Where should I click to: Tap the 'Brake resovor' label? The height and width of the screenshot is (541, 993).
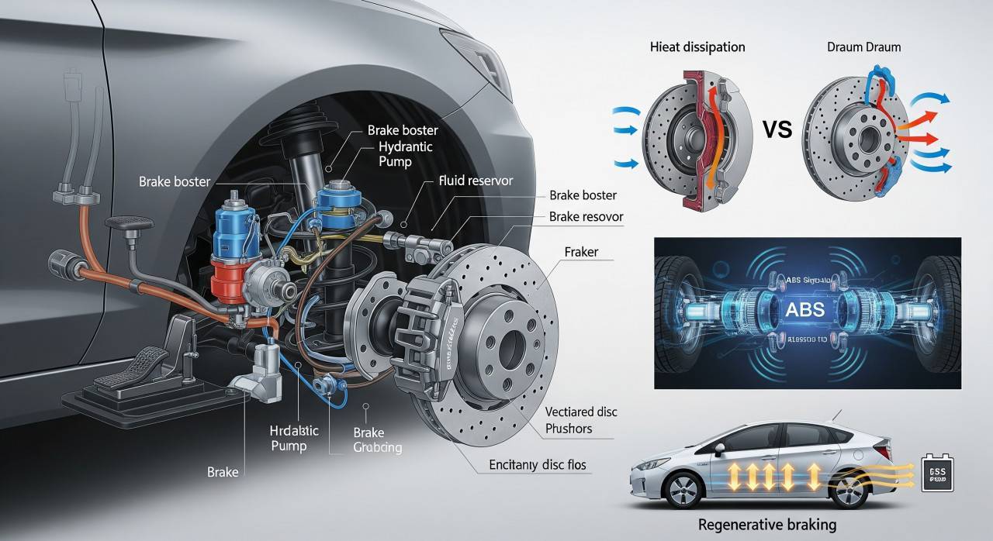point(586,217)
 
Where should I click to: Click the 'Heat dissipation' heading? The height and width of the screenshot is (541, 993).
point(697,47)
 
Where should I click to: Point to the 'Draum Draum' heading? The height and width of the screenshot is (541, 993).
point(863,47)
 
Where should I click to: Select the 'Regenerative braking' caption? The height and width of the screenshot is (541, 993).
point(767,525)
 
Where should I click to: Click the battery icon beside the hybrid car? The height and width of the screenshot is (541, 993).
point(936,472)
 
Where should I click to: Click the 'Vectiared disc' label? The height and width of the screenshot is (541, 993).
point(581,412)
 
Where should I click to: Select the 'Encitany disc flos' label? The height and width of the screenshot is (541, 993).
point(538,465)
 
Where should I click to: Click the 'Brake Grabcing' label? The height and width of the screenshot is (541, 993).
point(377,439)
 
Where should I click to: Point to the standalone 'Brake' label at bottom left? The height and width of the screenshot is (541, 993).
point(223,471)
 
